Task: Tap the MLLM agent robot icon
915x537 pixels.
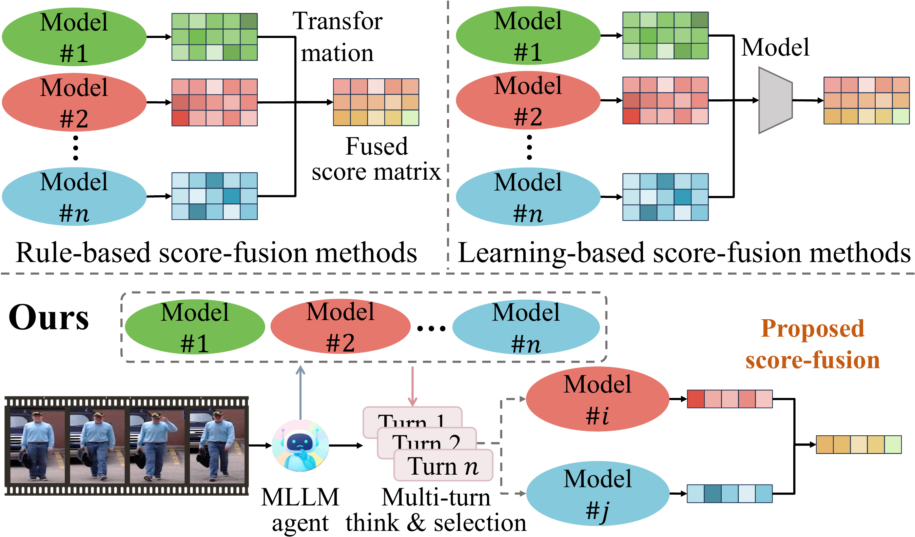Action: (x=300, y=445)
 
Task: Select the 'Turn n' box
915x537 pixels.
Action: (x=443, y=465)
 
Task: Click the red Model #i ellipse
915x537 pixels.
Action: (x=597, y=399)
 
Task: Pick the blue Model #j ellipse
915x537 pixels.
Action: (x=597, y=493)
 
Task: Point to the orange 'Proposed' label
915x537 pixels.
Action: (x=812, y=328)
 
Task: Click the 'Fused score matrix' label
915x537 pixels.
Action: (x=376, y=159)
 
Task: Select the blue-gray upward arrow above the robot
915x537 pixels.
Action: (x=300, y=392)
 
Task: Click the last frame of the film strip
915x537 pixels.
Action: (x=217, y=446)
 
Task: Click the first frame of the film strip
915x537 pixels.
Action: (x=37, y=446)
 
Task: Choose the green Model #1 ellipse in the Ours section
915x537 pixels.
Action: (x=195, y=326)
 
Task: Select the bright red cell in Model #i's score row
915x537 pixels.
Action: (x=696, y=399)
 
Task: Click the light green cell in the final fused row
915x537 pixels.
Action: (x=893, y=444)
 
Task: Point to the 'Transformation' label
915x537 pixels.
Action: (x=337, y=36)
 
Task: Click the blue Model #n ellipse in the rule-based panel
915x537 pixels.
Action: (x=74, y=196)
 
